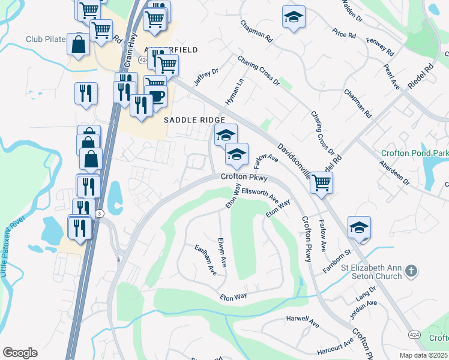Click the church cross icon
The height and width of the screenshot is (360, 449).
point(411,271)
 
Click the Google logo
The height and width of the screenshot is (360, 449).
point(20,353)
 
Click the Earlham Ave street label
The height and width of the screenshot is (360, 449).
point(205,259)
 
